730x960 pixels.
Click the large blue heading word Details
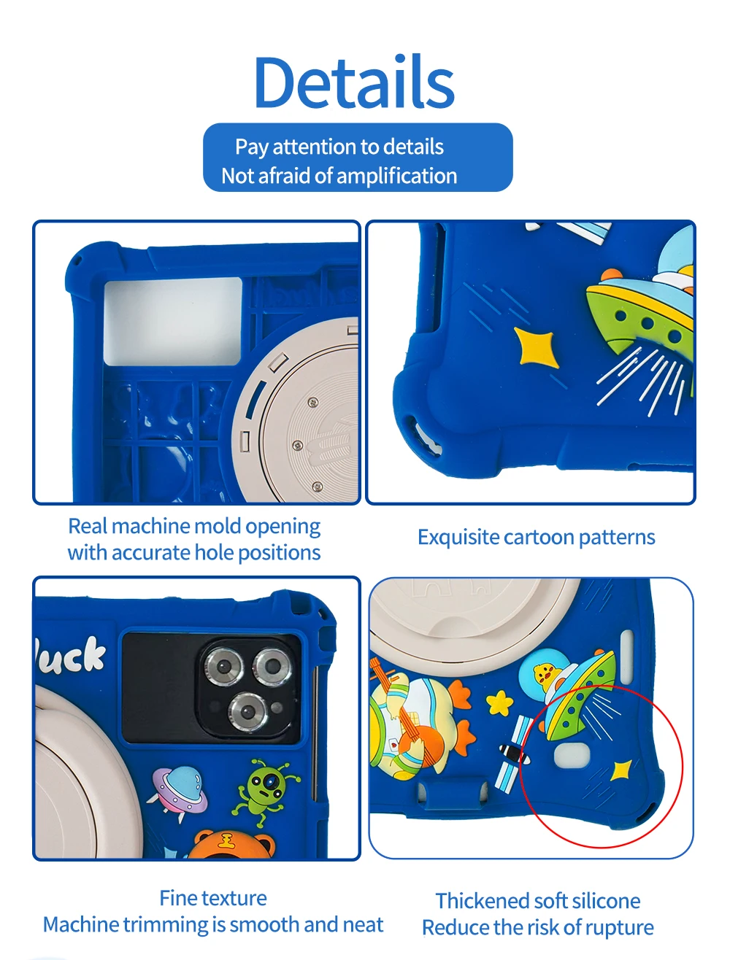(x=355, y=82)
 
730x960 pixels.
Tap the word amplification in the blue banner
(x=397, y=176)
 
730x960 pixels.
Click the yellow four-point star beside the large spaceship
(x=535, y=346)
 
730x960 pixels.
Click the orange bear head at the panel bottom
(x=232, y=843)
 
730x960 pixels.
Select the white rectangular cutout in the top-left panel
(x=173, y=322)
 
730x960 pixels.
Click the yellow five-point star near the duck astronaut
(x=500, y=702)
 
